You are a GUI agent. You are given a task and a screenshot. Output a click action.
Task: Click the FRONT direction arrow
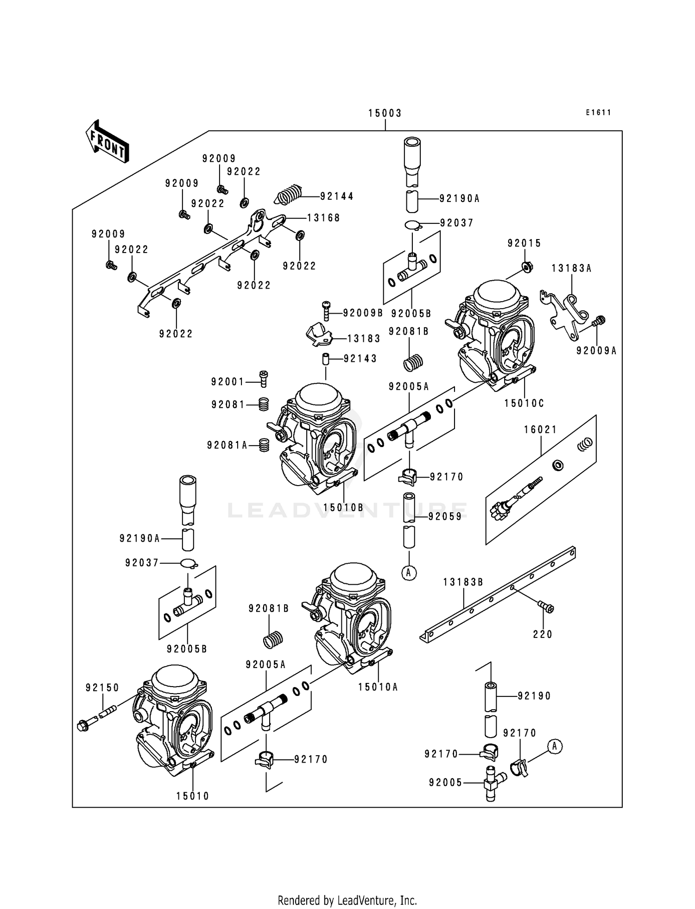pyautogui.click(x=107, y=141)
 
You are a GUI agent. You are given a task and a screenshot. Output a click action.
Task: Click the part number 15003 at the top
pyautogui.click(x=385, y=113)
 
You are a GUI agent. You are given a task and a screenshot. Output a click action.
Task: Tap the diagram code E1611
pyautogui.click(x=598, y=113)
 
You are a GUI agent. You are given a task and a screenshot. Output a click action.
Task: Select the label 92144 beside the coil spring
pyautogui.click(x=337, y=196)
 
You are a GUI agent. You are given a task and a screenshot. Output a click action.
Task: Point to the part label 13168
pyautogui.click(x=323, y=218)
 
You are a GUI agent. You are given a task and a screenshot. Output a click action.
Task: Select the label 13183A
pyautogui.click(x=571, y=268)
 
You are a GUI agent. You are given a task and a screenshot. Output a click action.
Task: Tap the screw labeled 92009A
pyautogui.click(x=600, y=320)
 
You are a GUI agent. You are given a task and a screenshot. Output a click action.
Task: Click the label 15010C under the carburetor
pyautogui.click(x=524, y=404)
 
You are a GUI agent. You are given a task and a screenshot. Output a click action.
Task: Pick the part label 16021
pyautogui.click(x=540, y=430)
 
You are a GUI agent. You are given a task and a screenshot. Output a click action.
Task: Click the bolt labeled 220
pyautogui.click(x=546, y=606)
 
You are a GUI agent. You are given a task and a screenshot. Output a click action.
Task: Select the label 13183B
pyautogui.click(x=463, y=582)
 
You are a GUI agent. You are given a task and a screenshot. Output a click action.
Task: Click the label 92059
pyautogui.click(x=445, y=517)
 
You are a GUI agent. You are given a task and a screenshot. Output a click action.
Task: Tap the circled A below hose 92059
pyautogui.click(x=409, y=573)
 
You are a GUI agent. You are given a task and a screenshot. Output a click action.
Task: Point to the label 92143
pyautogui.click(x=360, y=359)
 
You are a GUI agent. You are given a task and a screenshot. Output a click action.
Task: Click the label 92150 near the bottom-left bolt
pyautogui.click(x=102, y=688)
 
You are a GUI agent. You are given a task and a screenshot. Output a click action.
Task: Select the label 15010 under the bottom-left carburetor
pyautogui.click(x=193, y=796)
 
